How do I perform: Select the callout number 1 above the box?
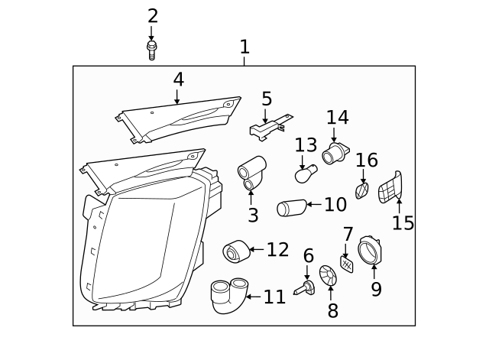pyautogui.click(x=244, y=47)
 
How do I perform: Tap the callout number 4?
pyautogui.click(x=177, y=79)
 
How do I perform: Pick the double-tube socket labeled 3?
pyautogui.click(x=251, y=173)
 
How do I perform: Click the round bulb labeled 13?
pyautogui.click(x=305, y=175)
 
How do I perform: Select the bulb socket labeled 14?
pyautogui.click(x=335, y=154)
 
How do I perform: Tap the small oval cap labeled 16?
pyautogui.click(x=363, y=190)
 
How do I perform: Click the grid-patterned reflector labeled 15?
pyautogui.click(x=390, y=187)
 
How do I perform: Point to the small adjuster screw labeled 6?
pyautogui.click(x=309, y=287)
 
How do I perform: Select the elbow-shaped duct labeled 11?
pyautogui.click(x=227, y=296)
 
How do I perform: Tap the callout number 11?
pyautogui.click(x=274, y=297)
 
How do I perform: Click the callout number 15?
pyautogui.click(x=403, y=223)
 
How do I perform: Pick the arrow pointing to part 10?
pyautogui.click(x=314, y=205)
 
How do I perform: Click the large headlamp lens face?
pyautogui.click(x=141, y=245)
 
